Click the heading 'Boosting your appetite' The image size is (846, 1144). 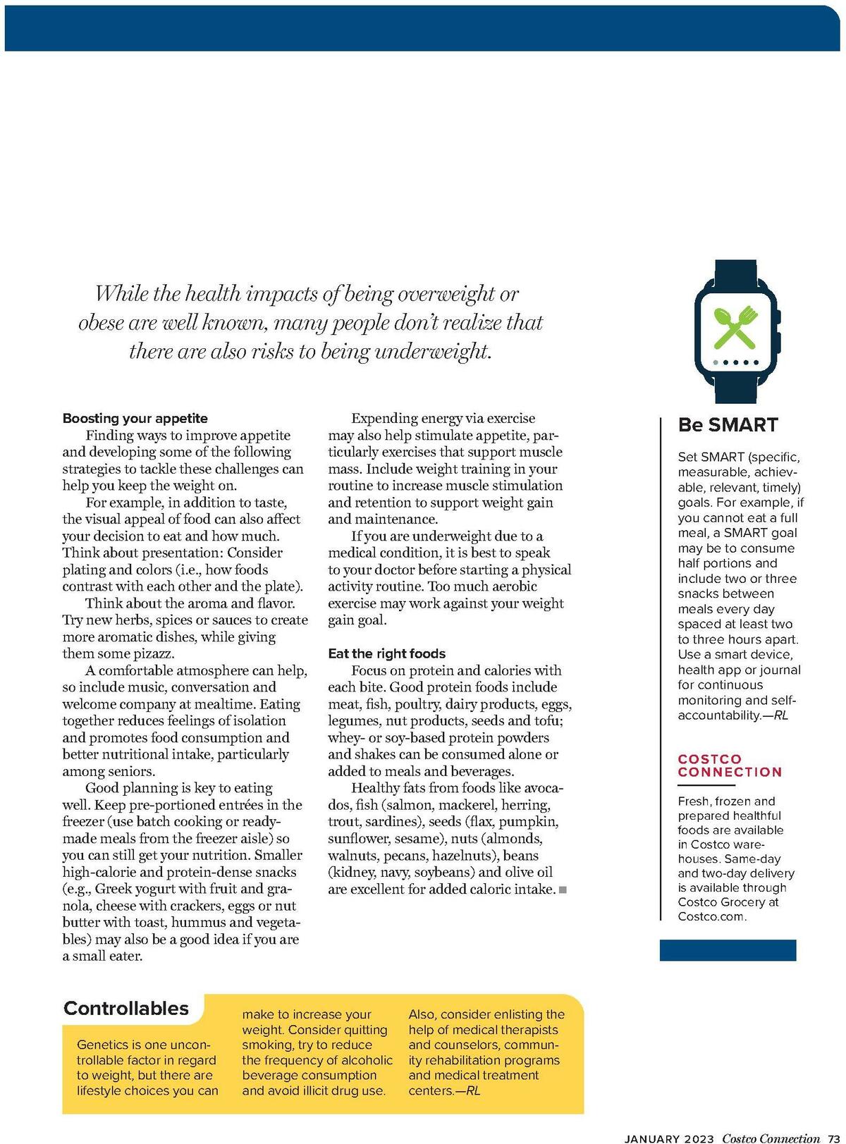[x=135, y=419]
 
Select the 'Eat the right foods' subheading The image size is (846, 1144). [x=386, y=653]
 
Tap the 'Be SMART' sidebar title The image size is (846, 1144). [x=728, y=425]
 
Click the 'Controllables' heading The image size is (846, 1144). [x=126, y=1009]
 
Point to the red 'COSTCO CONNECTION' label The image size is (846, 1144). [x=730, y=765]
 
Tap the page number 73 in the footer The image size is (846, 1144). [x=833, y=1138]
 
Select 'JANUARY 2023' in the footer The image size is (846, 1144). [x=669, y=1138]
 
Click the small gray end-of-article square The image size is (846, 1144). [x=563, y=890]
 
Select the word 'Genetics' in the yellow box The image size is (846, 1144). [x=104, y=1045]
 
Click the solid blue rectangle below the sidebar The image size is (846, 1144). [x=728, y=950]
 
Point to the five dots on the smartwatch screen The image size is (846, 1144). [x=735, y=363]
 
